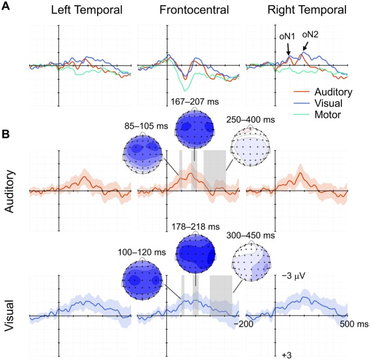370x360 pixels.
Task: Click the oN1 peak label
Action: tap(286, 37)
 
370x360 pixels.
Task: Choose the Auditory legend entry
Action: tap(326, 92)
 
